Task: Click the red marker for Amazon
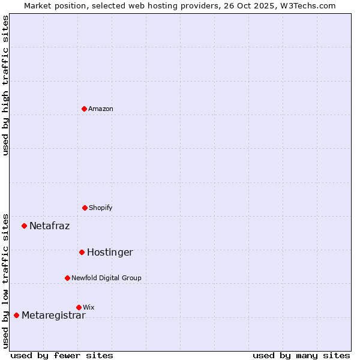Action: pyautogui.click(x=85, y=109)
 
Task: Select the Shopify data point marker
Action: pyautogui.click(x=85, y=208)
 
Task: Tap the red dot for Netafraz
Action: pyautogui.click(x=25, y=226)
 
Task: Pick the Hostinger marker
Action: pyautogui.click(x=82, y=252)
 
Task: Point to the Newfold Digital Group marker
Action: pyautogui.click(x=68, y=278)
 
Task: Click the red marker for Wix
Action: pyautogui.click(x=79, y=307)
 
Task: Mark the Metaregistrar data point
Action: pyautogui.click(x=17, y=315)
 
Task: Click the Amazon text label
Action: pyautogui.click(x=101, y=109)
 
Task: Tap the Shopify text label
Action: pyautogui.click(x=101, y=208)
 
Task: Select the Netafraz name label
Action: pyautogui.click(x=49, y=226)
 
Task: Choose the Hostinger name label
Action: pyautogui.click(x=110, y=253)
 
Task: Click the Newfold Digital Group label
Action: pyautogui.click(x=106, y=278)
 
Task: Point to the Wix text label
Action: pyautogui.click(x=89, y=307)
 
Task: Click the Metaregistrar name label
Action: pyautogui.click(x=53, y=316)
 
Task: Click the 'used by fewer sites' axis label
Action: pyautogui.click(x=62, y=355)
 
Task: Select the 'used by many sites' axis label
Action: pyautogui.click(x=301, y=355)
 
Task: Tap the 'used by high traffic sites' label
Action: pyautogui.click(x=5, y=85)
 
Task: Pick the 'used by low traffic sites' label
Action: pyautogui.click(x=5, y=280)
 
